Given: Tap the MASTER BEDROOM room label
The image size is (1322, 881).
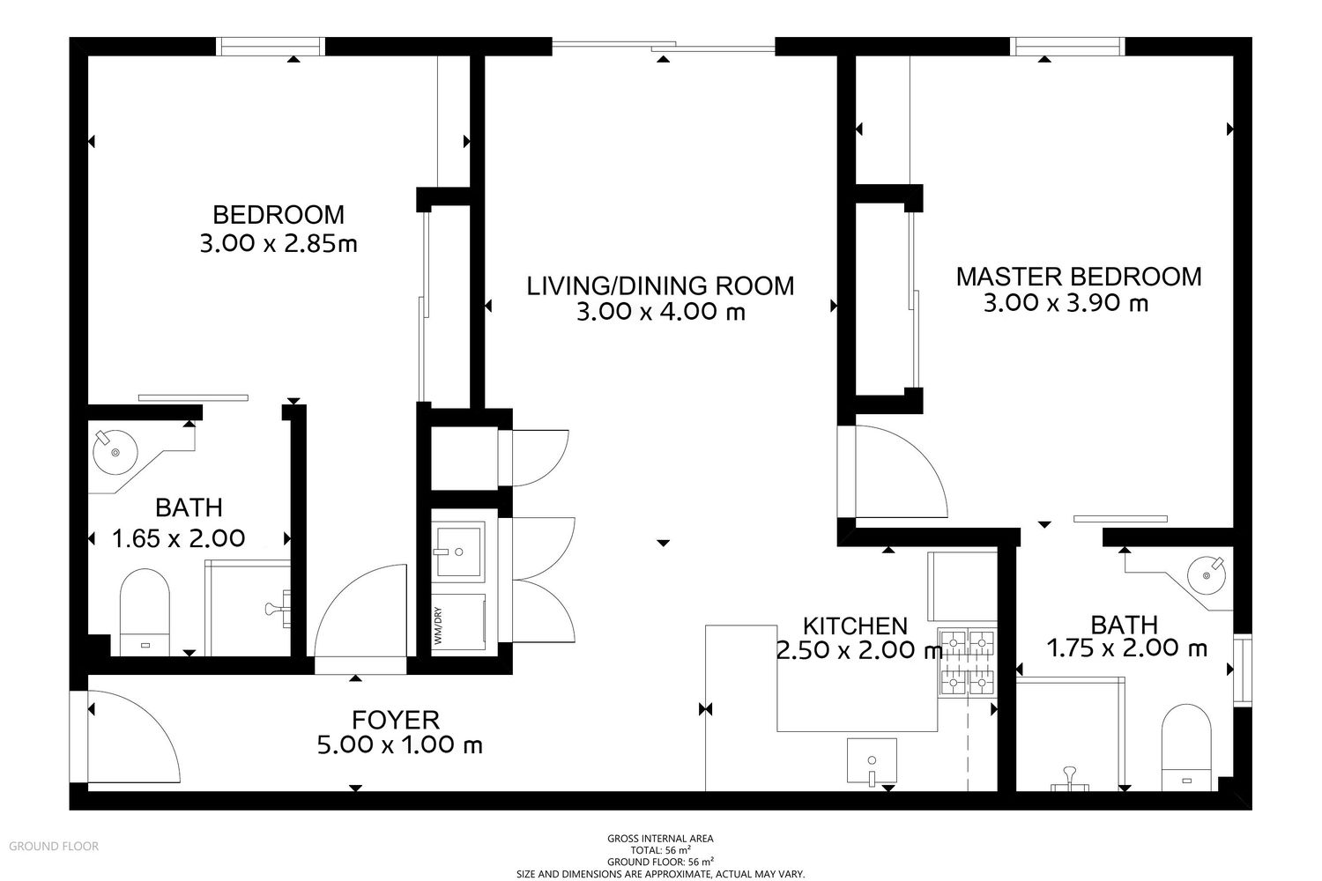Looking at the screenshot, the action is coord(1078,277).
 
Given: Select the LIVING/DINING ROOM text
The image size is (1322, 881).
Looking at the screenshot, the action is coord(660,285).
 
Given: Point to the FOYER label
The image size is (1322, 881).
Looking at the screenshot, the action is coord(396,720).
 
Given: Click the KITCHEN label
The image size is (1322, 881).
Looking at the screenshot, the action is coord(855,626).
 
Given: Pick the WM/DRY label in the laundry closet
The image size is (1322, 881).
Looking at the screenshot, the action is coord(438,626).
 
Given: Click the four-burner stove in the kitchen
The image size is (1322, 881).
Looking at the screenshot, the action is coord(968,662).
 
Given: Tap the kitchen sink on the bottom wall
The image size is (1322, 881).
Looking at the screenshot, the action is coord(872,760).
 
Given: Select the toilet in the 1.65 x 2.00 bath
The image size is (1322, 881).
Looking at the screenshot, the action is coord(145,612).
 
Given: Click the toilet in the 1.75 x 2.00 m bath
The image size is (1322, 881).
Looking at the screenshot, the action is coord(1186,748).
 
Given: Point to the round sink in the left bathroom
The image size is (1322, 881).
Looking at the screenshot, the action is coord(115,452).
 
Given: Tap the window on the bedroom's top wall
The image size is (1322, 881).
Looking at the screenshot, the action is coord(270,47).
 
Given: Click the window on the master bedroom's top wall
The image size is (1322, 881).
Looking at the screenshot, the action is coord(1067,47).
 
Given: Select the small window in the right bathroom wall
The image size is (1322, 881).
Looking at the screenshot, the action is coord(1243,670).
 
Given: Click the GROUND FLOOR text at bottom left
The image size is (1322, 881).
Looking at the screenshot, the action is coord(54,846).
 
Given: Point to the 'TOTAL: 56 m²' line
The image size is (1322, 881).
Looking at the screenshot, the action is coord(660,850).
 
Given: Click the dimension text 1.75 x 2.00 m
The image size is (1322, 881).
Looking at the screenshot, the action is coord(1126,648).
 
